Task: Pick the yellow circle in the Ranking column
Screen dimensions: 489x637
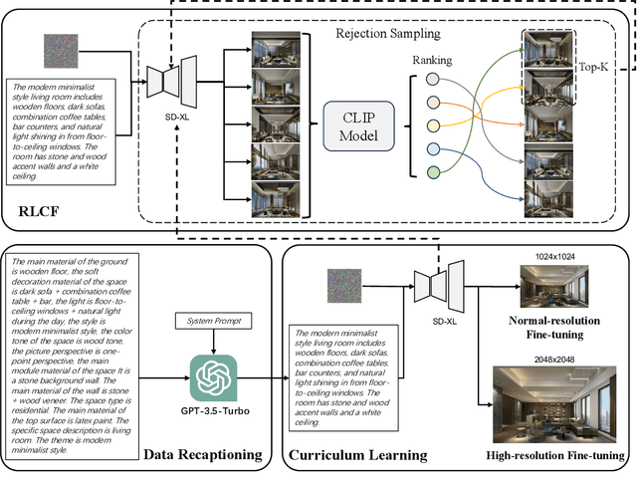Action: click(x=433, y=124)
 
